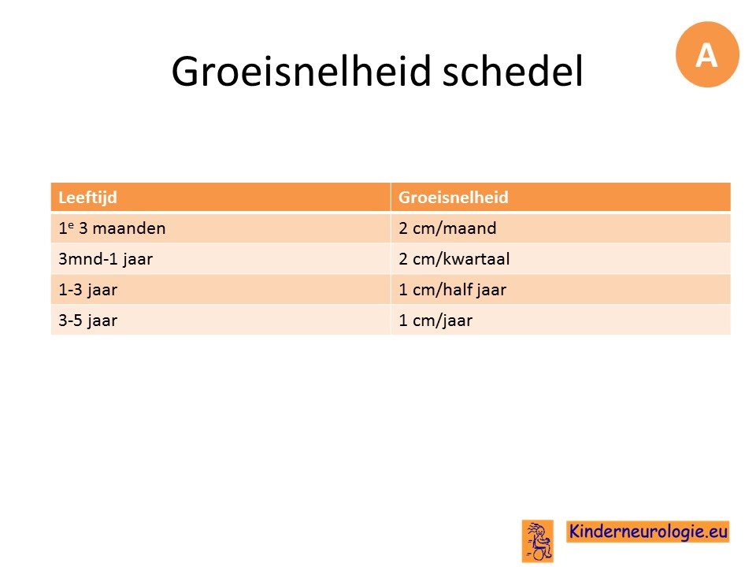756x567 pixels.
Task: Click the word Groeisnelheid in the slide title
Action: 301,72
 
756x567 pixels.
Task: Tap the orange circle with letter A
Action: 707,54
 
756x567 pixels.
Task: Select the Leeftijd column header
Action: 87,198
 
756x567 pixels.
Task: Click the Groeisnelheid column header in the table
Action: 454,197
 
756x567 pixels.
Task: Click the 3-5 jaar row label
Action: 87,321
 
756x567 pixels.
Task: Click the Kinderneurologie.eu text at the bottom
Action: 647,532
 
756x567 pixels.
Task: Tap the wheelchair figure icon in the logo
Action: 538,541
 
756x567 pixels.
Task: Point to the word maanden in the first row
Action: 128,228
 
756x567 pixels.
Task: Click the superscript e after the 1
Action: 70,224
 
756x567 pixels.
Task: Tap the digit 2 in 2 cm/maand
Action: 403,228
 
